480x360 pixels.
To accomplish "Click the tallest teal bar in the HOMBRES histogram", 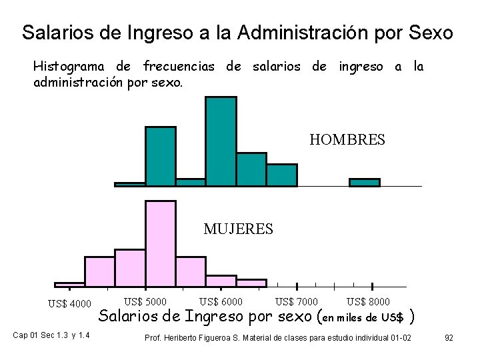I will coord(221,141).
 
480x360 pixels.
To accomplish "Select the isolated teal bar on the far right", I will coord(365,182).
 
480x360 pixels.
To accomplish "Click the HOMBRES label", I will coord(347,140).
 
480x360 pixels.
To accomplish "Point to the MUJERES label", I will coord(238,229).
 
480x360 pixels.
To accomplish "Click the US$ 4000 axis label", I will coord(69,305).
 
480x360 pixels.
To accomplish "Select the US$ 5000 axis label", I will coord(145,302).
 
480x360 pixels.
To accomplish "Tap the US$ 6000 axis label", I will coord(221,302).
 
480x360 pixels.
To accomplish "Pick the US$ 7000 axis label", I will coord(297,302).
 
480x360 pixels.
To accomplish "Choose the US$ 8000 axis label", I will coord(369,302).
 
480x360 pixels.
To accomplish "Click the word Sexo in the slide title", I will coord(429,32).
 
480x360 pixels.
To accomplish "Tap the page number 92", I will coord(449,338).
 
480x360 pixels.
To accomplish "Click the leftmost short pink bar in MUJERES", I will coord(69,284).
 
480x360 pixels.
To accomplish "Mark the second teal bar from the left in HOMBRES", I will coord(161,155).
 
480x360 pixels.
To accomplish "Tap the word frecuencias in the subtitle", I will coord(179,67).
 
